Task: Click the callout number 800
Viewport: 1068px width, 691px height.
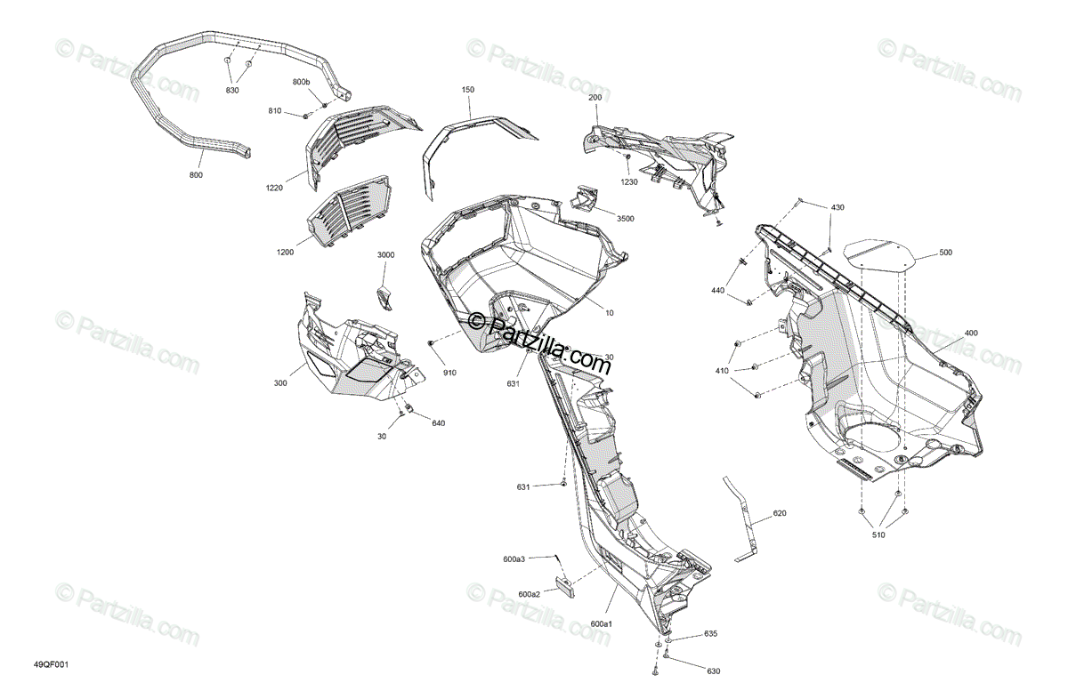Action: (196, 175)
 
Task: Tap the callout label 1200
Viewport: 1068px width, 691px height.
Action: (285, 252)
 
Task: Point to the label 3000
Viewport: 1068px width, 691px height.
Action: (385, 255)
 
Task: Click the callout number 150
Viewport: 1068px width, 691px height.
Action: (468, 90)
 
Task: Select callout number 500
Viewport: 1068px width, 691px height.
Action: (944, 253)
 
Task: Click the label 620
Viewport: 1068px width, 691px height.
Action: (780, 513)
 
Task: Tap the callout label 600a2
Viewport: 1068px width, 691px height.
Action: (529, 594)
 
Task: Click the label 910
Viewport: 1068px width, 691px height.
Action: (450, 373)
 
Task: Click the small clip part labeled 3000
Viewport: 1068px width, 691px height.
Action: (384, 298)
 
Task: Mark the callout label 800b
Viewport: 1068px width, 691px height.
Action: (302, 83)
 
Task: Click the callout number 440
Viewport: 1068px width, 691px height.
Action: (718, 291)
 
